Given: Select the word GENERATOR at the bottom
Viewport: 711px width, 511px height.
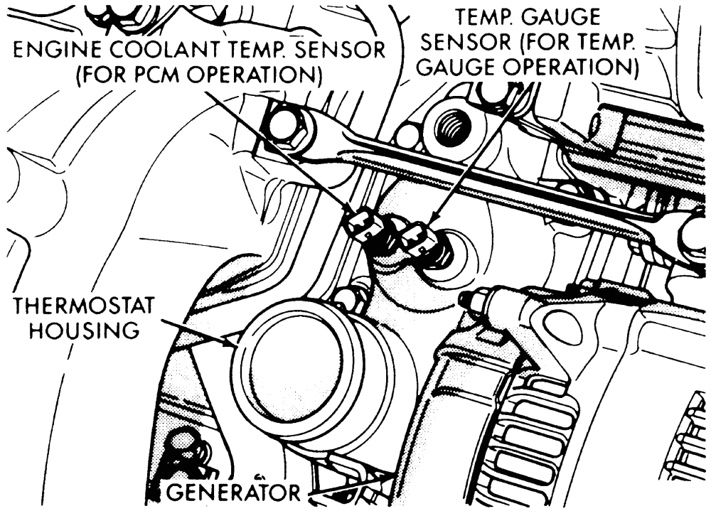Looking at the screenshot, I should tap(236, 492).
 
